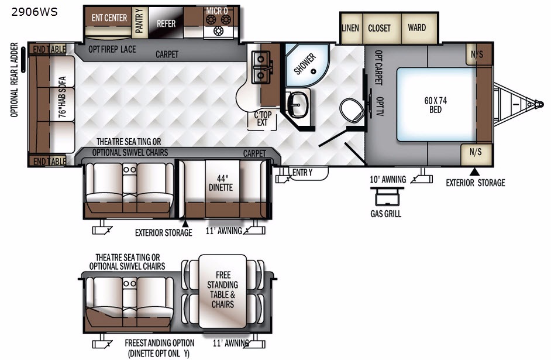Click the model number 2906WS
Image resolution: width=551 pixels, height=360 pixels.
coord(35,12)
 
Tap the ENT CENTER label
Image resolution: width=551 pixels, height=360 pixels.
coord(109,18)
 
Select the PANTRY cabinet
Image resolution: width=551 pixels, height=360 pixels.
coord(140,22)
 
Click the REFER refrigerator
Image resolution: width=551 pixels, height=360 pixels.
coord(166,22)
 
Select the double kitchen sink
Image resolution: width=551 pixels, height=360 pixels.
coord(261,67)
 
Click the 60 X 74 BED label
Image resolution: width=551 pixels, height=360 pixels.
coord(435,105)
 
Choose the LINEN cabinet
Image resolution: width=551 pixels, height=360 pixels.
coord(351,28)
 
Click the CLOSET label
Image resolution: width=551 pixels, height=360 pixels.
coord(379,28)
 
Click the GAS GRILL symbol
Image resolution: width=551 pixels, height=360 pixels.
coord(387,197)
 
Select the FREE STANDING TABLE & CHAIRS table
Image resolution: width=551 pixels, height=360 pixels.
coord(222,291)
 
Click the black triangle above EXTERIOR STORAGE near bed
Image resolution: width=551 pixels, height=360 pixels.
coord(475,172)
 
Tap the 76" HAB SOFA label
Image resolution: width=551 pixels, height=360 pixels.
coord(62,97)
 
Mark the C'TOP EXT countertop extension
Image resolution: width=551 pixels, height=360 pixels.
coord(263,119)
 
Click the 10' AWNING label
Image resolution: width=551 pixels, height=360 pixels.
coord(388,179)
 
